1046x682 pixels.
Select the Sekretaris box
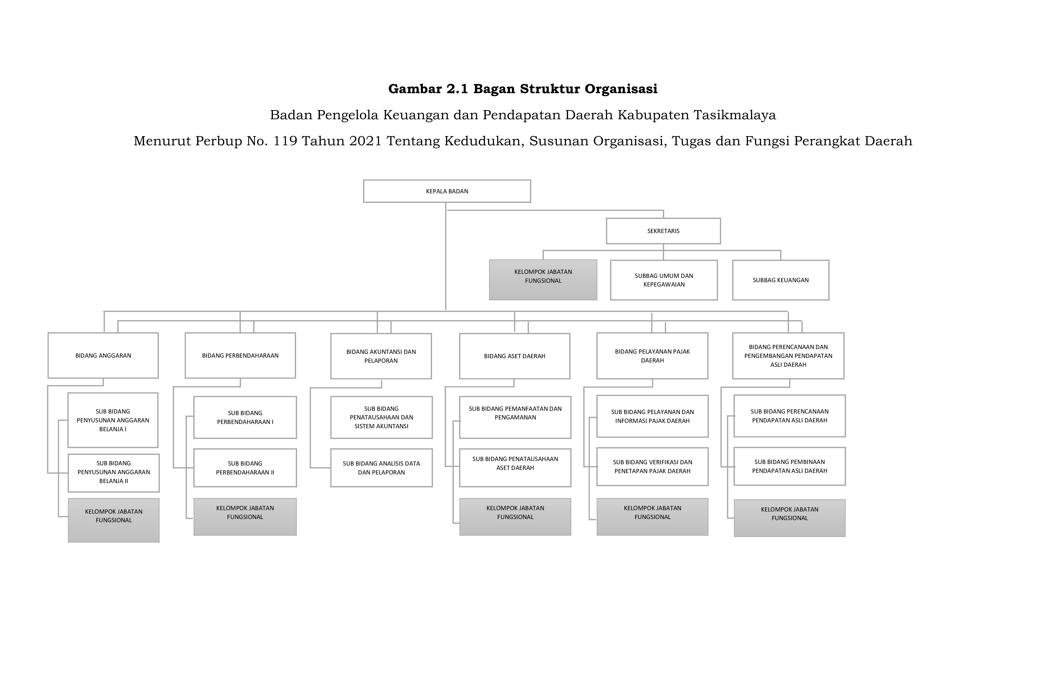[x=663, y=231]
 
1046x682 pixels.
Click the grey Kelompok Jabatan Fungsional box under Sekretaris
[x=543, y=280]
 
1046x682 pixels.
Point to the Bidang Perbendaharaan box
[x=240, y=355]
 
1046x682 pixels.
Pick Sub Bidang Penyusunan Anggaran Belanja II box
[x=114, y=473]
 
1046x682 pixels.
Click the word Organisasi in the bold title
[x=621, y=89]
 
